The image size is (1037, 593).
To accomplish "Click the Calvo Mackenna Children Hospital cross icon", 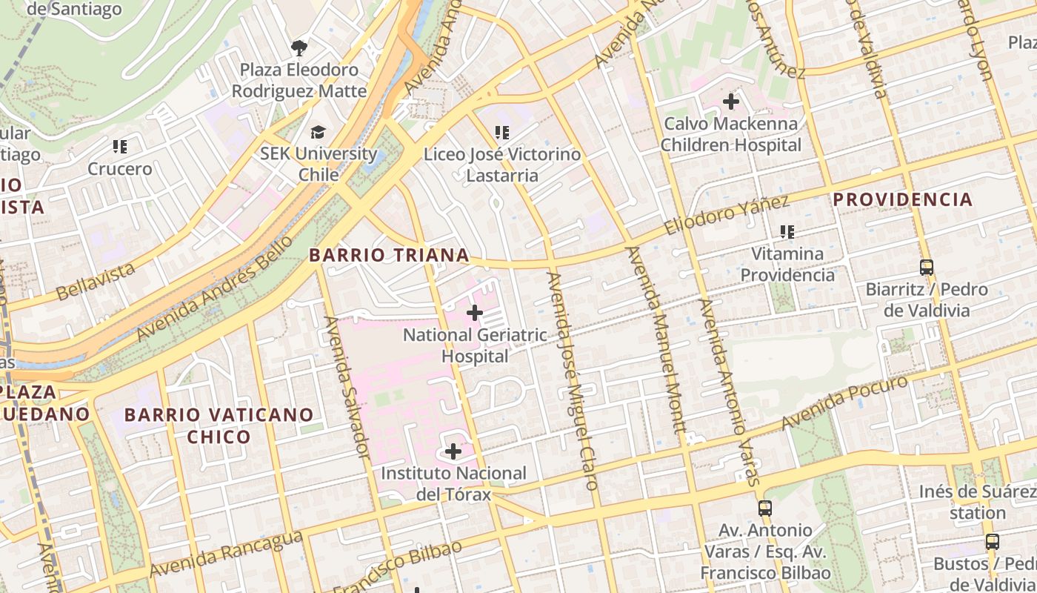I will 731,102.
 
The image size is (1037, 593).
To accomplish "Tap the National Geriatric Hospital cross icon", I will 475,313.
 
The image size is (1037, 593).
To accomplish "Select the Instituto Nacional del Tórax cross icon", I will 453,451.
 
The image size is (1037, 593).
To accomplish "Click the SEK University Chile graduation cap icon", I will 318,132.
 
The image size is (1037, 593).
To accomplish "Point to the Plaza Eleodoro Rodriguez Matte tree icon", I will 299,48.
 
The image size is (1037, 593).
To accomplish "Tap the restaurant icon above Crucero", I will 119,147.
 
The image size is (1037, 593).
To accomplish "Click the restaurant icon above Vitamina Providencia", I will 787,232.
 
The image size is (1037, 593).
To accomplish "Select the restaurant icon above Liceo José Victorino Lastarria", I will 502,133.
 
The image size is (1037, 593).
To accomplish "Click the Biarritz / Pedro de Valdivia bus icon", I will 926,267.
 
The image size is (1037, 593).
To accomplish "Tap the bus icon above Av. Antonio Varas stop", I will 765,508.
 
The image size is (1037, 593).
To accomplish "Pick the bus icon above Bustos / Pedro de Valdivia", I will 992,542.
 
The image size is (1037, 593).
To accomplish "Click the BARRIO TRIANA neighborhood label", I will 389,255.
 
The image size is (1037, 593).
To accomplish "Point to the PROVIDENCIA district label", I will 902,199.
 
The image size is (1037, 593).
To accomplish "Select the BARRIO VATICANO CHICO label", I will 219,425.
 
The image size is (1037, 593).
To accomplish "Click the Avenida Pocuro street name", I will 844,402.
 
